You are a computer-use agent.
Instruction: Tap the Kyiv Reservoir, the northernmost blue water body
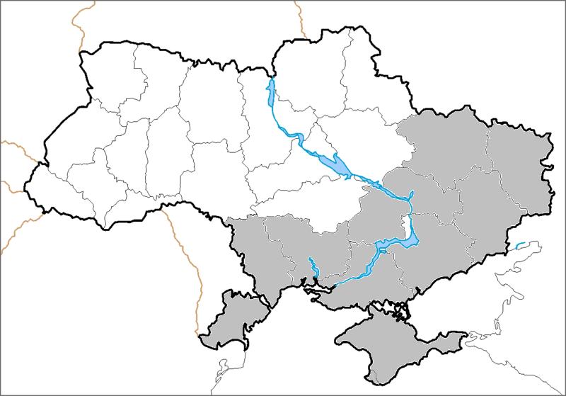(x=270, y=96)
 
